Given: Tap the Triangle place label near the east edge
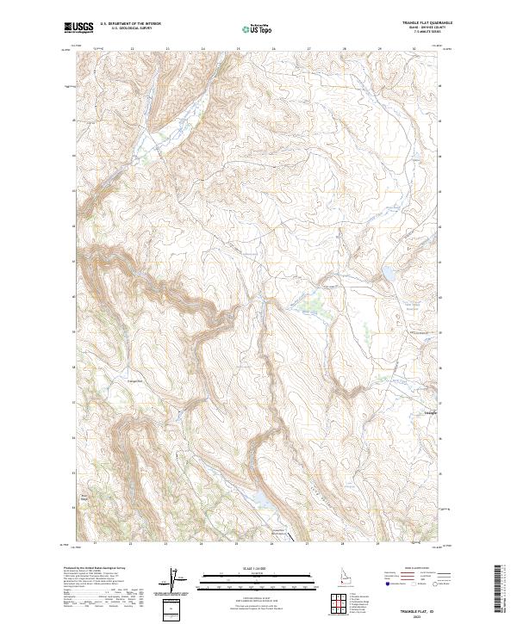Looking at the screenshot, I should click(432, 412).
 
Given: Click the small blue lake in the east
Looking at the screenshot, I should click(389, 275).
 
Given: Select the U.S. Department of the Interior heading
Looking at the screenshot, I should click(130, 23).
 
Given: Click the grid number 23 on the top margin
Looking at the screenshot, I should click(166, 49).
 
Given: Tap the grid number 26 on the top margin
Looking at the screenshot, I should click(273, 49).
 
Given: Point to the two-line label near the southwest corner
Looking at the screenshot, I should click(84, 497).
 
